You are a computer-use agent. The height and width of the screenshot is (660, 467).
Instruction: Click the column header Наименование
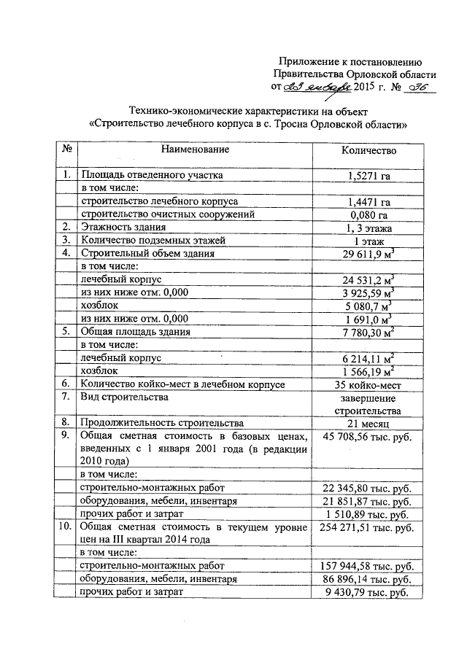(x=195, y=150)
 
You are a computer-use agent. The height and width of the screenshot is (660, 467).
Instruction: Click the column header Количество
(x=368, y=150)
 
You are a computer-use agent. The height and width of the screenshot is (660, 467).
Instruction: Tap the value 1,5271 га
(x=368, y=175)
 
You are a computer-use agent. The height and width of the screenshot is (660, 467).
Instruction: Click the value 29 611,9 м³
(x=368, y=254)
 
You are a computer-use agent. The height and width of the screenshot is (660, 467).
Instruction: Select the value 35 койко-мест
(x=368, y=384)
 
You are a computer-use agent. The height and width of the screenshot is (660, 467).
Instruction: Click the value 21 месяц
(x=368, y=423)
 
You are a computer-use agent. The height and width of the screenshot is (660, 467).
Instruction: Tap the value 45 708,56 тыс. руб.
(x=368, y=436)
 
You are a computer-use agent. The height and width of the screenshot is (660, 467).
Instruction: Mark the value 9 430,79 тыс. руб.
(x=368, y=592)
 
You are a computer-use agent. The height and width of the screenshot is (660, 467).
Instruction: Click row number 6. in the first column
(x=66, y=384)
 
